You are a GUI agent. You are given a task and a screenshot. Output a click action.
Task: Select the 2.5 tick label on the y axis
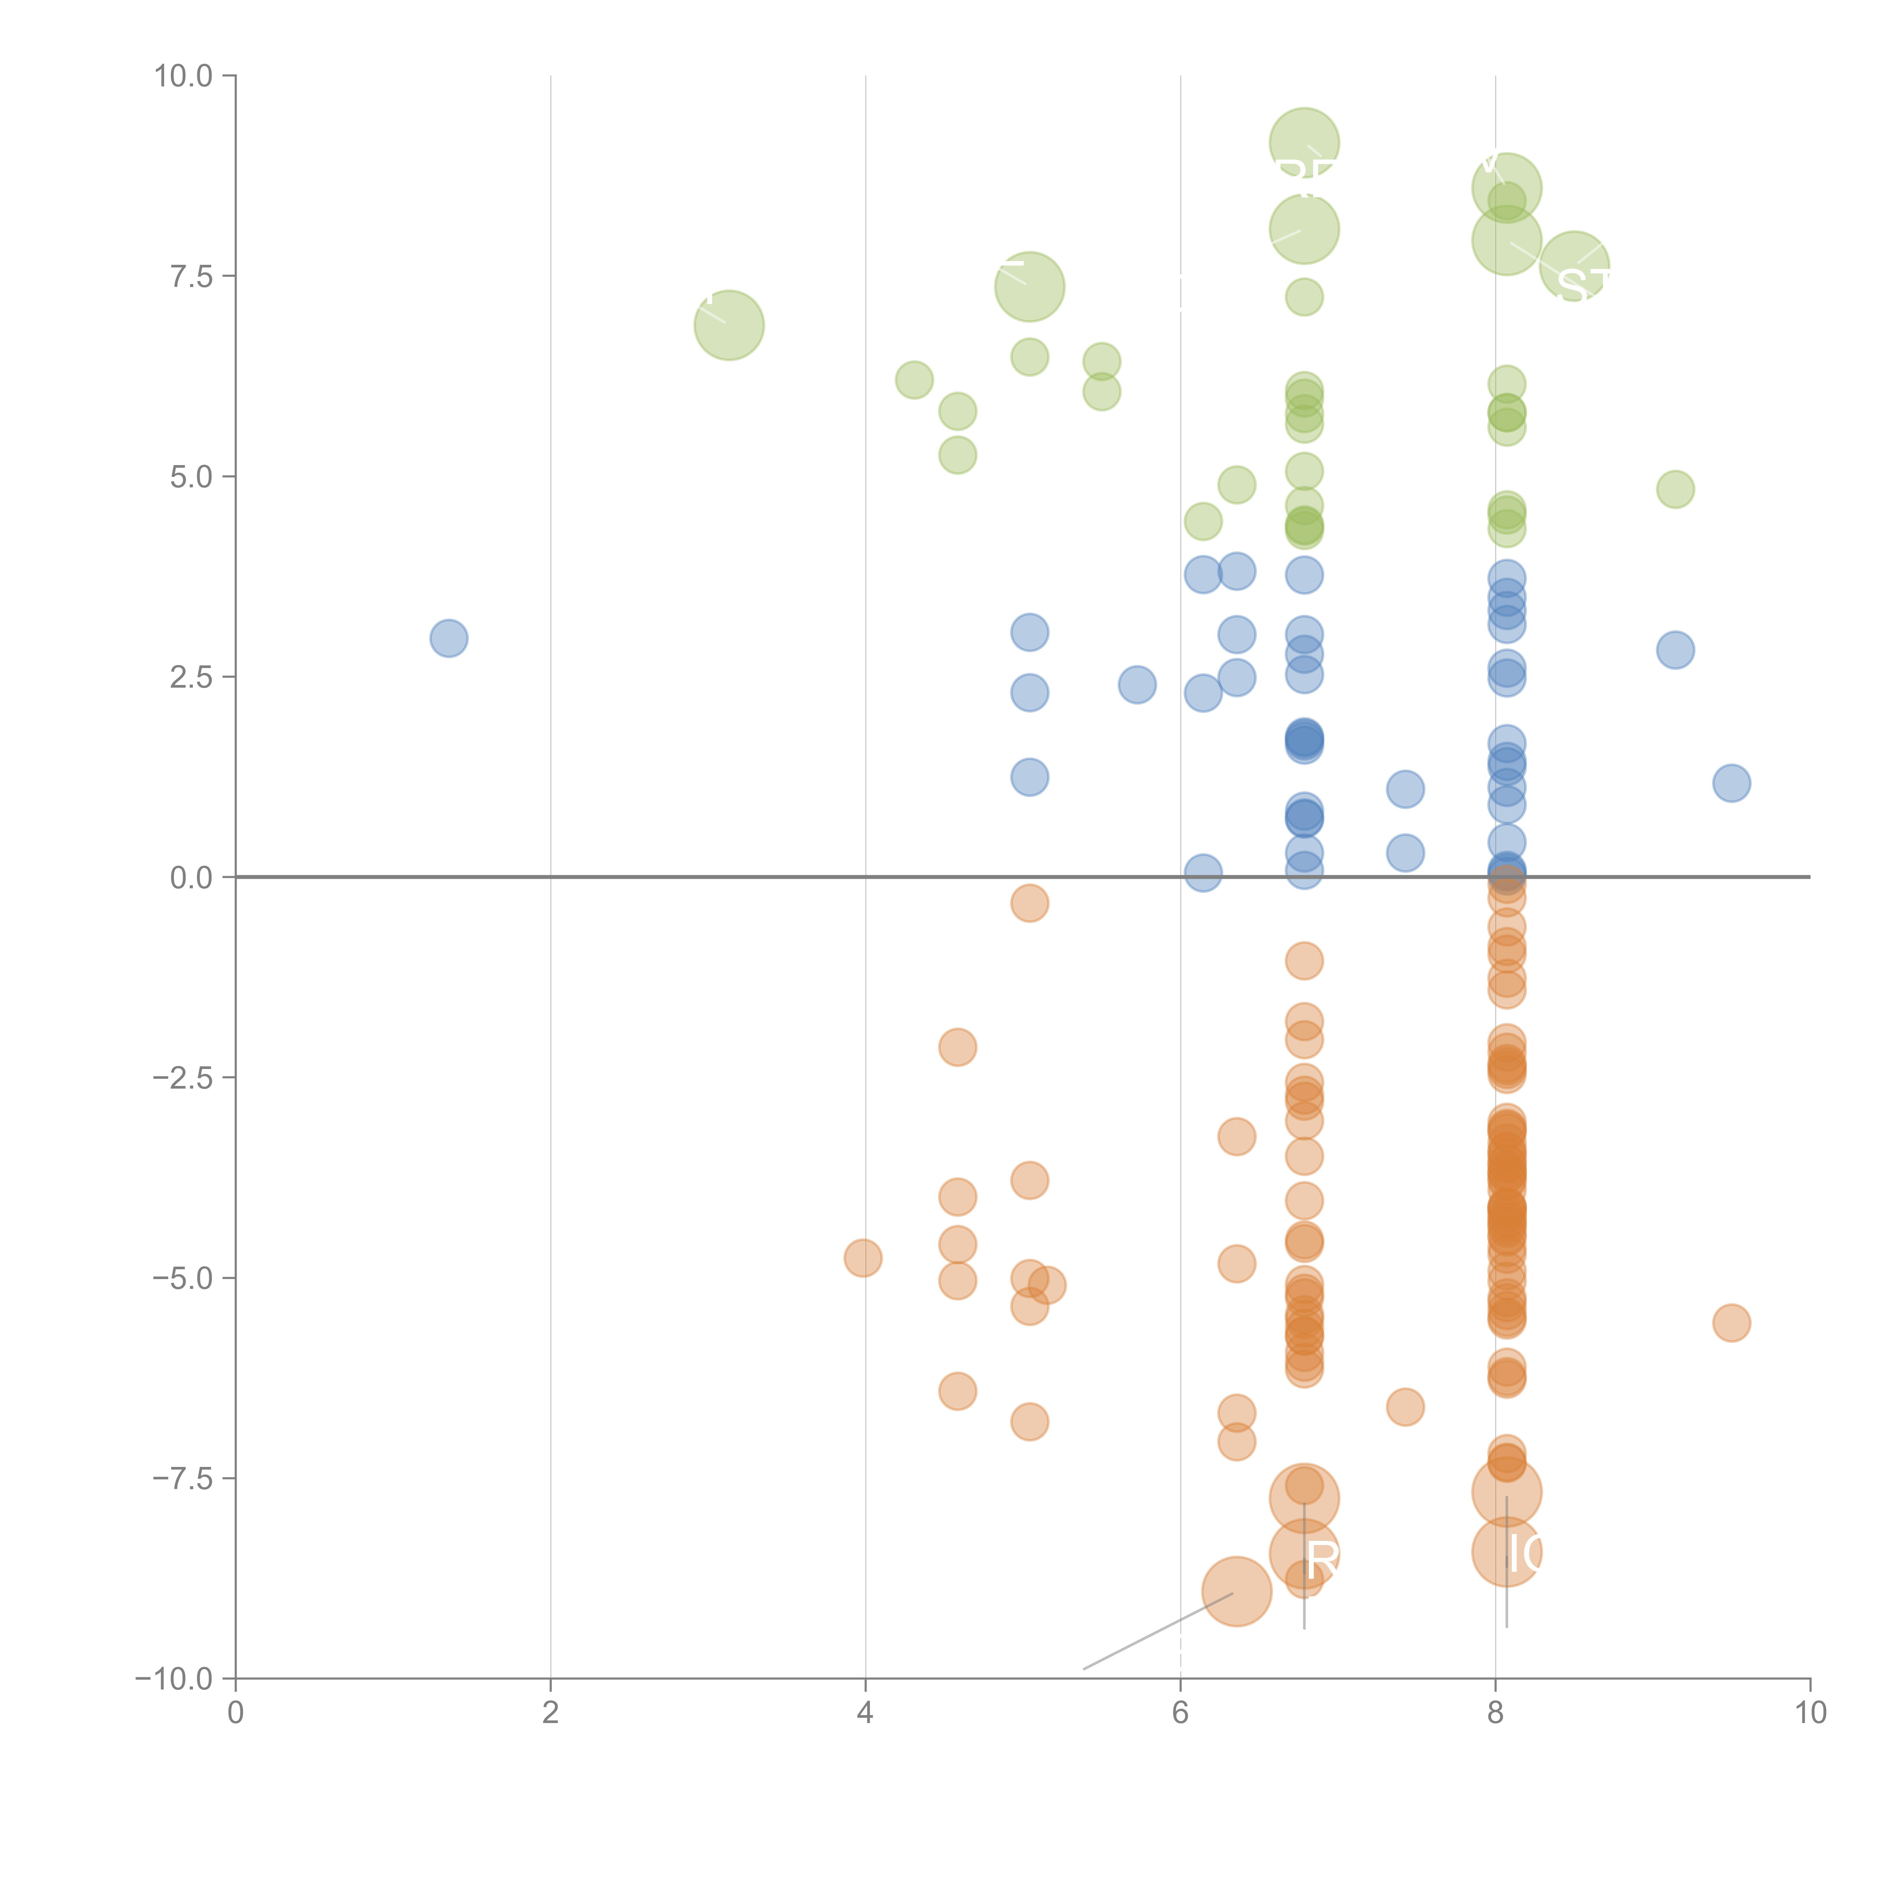point(191,677)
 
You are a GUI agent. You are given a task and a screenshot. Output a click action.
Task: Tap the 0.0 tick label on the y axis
point(191,878)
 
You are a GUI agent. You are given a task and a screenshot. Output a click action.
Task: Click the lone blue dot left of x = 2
point(448,639)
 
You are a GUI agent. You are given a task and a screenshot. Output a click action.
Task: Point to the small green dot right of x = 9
point(1675,489)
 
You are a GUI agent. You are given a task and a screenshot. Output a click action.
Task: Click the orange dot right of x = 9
point(1731,1323)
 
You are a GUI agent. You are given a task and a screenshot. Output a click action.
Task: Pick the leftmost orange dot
point(863,1258)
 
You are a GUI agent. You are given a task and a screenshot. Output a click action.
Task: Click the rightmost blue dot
point(1731,783)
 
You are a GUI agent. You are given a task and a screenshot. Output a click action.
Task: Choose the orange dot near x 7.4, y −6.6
point(1405,1407)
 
